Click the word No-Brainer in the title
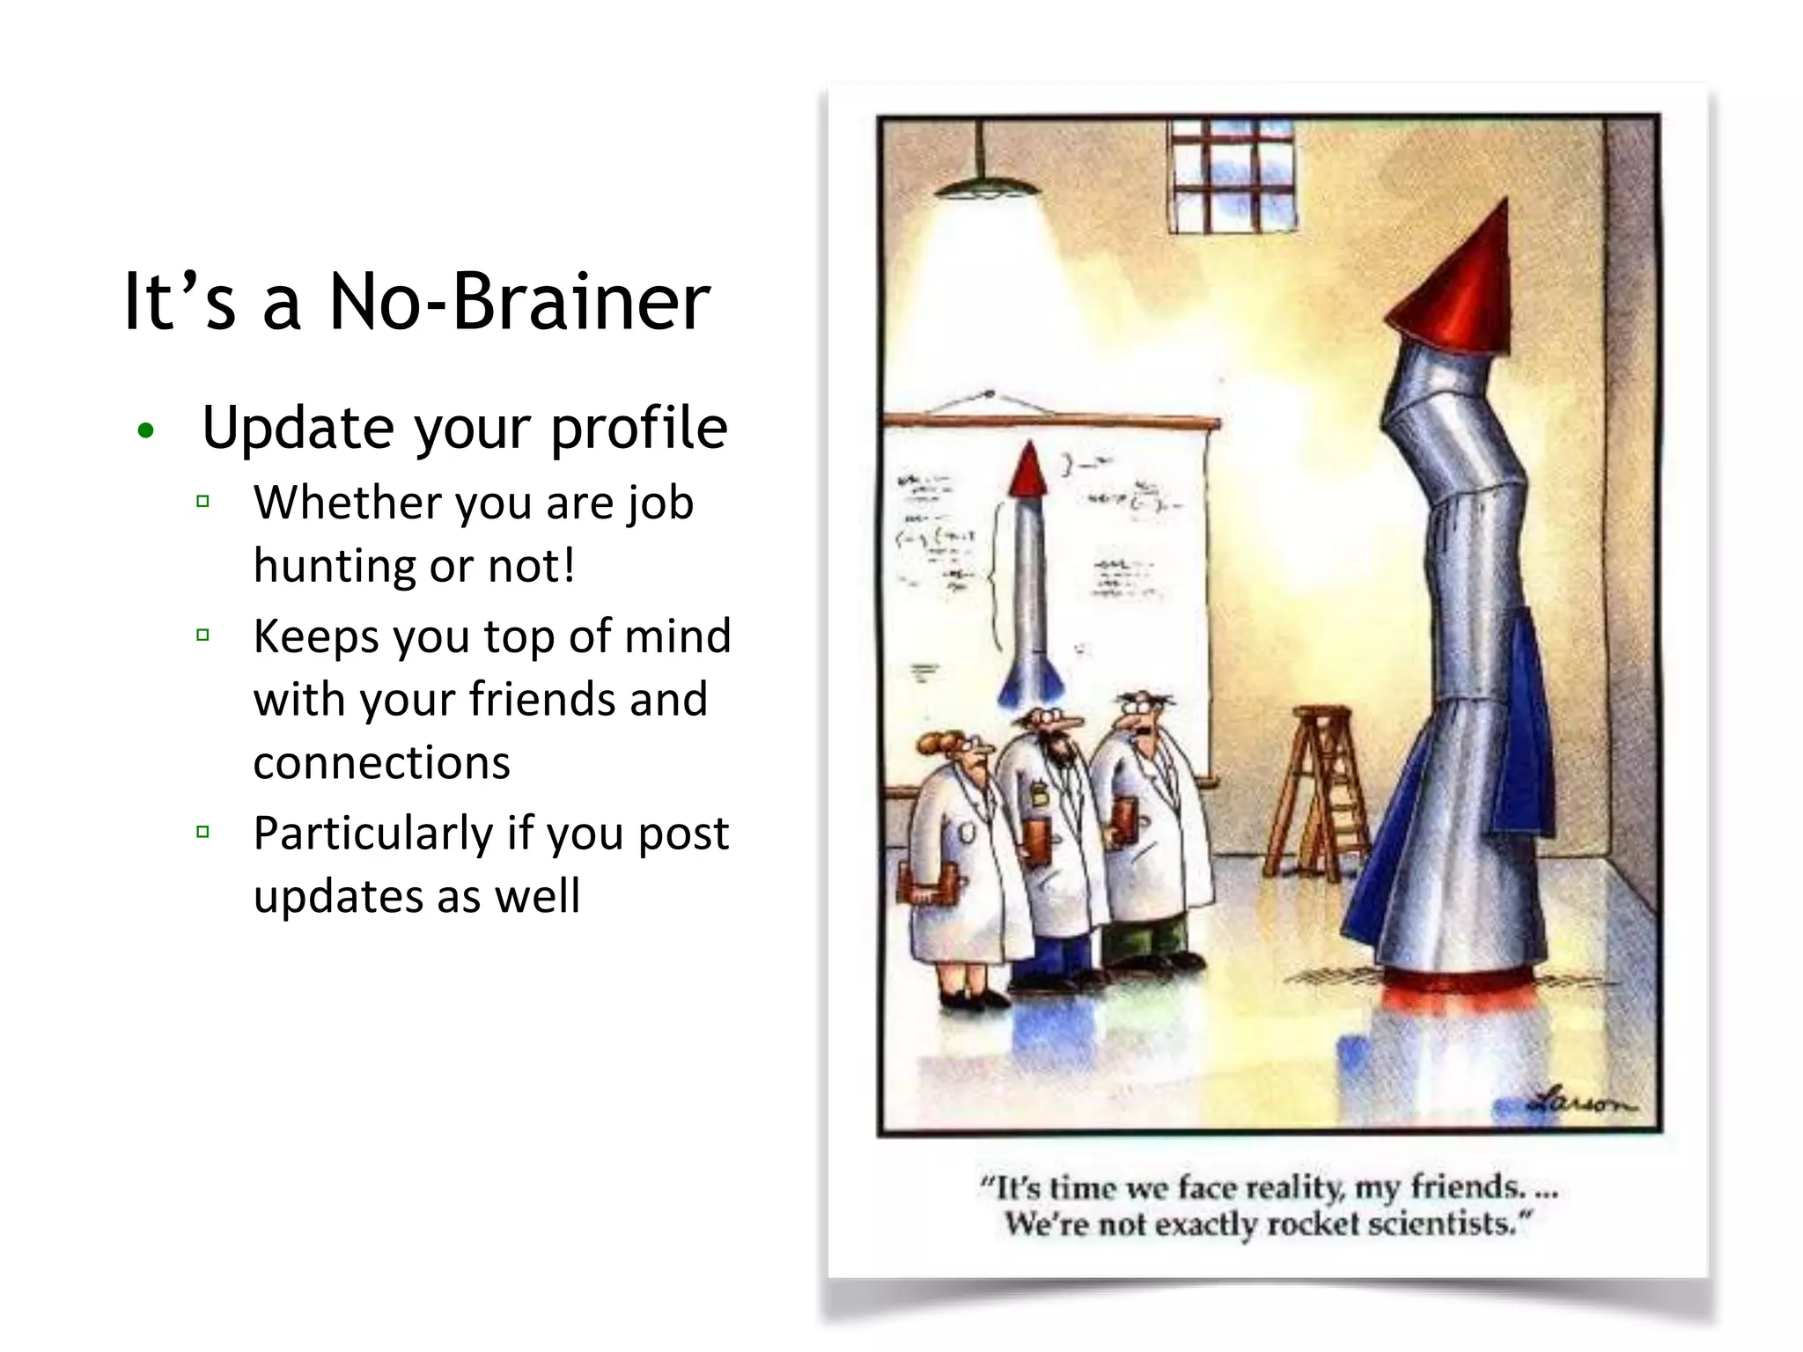click(519, 302)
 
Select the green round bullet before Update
click(146, 430)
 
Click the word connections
click(381, 762)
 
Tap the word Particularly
click(372, 833)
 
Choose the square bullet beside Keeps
click(203, 635)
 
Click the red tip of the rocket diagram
click(1027, 472)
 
